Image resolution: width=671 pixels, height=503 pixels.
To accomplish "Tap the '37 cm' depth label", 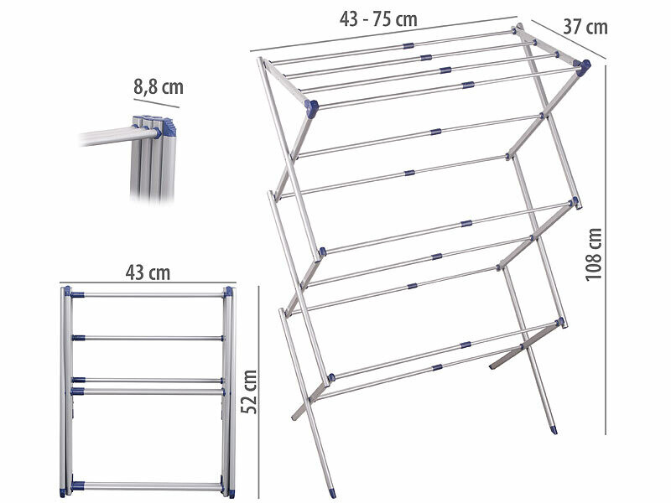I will [585, 27].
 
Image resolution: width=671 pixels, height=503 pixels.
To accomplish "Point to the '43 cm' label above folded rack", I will [147, 272].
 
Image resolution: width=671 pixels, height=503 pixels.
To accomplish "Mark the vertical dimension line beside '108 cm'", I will [606, 251].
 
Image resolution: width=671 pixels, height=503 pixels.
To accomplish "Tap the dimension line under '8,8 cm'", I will [156, 105].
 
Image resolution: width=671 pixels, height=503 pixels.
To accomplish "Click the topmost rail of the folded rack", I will [147, 295].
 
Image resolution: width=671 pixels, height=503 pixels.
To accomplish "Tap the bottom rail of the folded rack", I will [147, 485].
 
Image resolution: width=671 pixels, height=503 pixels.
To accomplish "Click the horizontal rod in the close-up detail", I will [105, 137].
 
